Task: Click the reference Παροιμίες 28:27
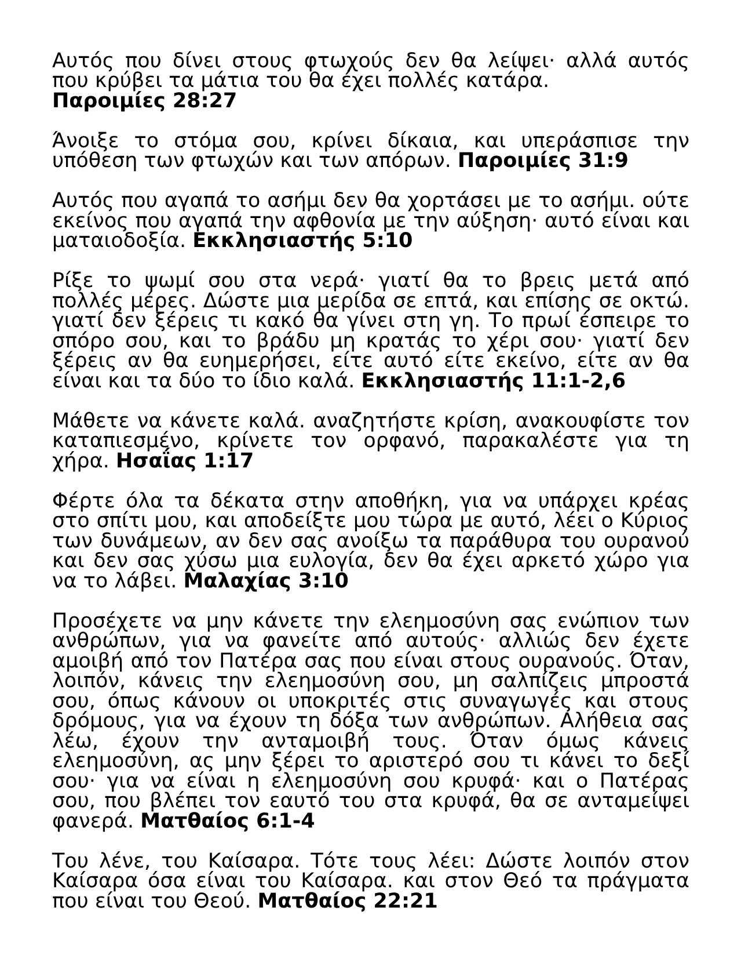144,101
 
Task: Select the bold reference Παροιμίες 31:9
543,161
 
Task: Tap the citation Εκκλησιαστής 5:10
302,240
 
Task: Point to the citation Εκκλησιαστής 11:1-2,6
493,381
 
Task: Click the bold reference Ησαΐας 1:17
185,461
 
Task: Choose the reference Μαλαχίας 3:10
266,580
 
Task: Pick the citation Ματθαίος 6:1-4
228,821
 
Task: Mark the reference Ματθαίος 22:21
347,901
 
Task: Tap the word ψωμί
169,281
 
